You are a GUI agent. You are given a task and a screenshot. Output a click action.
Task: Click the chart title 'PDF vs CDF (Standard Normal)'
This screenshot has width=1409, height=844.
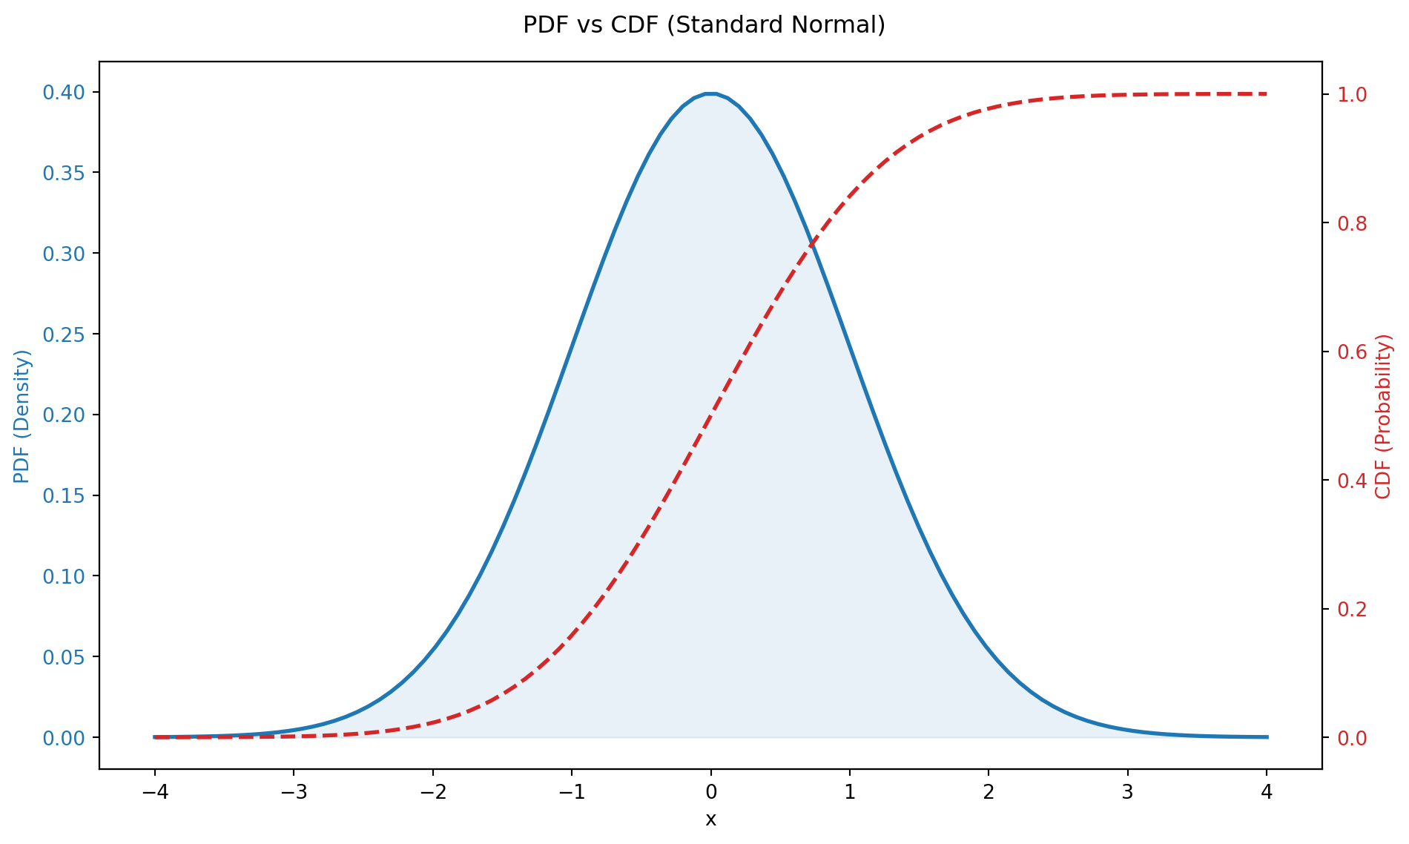coord(704,25)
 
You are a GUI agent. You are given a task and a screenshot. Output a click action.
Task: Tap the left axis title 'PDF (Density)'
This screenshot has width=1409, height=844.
coord(22,415)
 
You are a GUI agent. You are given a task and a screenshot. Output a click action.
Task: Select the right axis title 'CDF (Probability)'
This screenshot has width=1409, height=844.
coord(1383,415)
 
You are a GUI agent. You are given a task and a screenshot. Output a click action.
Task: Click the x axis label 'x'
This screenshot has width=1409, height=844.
coord(710,820)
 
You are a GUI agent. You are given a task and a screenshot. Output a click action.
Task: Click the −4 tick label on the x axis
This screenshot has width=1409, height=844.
coord(154,793)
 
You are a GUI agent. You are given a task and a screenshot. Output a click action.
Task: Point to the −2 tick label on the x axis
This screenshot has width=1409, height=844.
coord(432,793)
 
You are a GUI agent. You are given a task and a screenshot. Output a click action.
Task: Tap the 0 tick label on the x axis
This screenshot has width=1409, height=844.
coord(710,793)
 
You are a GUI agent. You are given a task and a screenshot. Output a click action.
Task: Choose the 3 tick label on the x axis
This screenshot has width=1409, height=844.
coord(1127,793)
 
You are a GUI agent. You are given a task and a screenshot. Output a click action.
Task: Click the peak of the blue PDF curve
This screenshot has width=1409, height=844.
coord(710,93)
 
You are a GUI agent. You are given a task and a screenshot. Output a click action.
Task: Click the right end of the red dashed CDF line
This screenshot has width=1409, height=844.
coord(1266,94)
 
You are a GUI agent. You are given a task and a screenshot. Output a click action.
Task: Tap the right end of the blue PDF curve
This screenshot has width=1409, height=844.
coord(1267,736)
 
